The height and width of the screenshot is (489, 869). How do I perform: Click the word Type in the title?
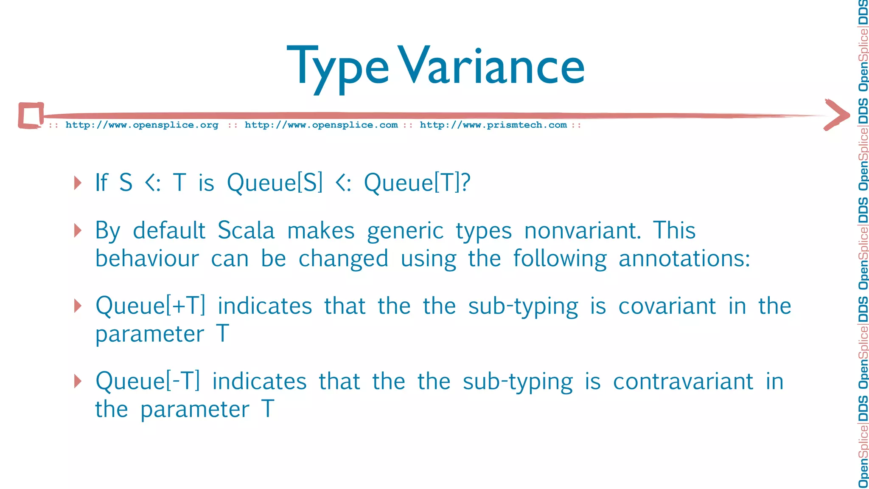point(337,68)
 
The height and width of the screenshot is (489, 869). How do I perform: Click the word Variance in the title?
point(491,66)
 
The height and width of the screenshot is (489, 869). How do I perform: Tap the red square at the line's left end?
point(31,115)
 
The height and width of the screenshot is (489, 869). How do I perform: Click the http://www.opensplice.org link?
point(142,125)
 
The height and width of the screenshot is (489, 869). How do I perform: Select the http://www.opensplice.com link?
point(321,125)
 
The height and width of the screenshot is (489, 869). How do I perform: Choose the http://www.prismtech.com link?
point(493,125)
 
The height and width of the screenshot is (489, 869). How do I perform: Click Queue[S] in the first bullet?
point(275,183)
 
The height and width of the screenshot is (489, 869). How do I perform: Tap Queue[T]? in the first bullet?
point(417,183)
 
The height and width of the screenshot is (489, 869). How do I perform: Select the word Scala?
point(246,231)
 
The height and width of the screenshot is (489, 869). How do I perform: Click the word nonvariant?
point(582,231)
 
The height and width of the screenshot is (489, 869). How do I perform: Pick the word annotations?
point(684,259)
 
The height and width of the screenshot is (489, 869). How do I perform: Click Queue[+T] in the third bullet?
point(151,306)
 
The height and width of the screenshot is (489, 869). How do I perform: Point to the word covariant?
point(667,306)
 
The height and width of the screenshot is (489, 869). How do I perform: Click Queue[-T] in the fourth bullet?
point(148,381)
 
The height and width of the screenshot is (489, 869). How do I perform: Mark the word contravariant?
point(683,381)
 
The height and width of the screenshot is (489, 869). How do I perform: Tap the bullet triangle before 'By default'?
point(78,230)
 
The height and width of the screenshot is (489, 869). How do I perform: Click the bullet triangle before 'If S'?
point(78,183)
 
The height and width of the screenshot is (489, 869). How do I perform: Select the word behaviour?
point(147,259)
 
